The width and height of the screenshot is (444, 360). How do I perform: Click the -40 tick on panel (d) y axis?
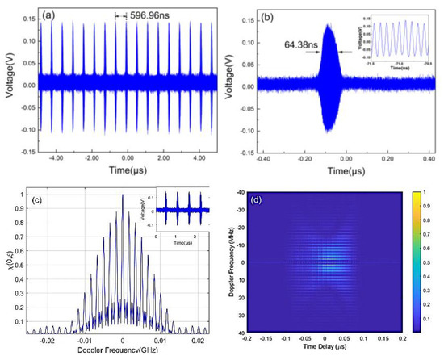(243, 194)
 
